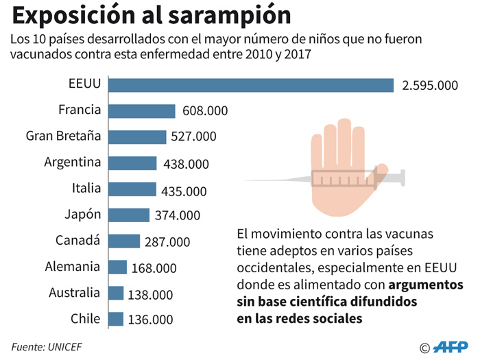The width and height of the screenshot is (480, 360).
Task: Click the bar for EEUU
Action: tap(252, 84)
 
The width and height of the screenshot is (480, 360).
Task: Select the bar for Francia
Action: tap(143, 111)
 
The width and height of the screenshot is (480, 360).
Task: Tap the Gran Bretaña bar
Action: tap(138, 136)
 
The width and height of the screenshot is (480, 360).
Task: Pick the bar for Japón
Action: tap(130, 215)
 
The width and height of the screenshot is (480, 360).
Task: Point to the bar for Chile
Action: tap(117, 319)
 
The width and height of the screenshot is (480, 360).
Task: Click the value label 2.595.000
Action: tap(430, 86)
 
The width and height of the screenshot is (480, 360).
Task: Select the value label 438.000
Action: tap(187, 165)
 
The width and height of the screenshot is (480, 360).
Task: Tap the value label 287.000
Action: tap(167, 242)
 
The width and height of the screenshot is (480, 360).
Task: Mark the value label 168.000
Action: tap(154, 268)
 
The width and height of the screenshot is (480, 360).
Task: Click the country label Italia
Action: tap(86, 189)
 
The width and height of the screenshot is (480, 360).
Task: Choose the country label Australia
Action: tap(75, 293)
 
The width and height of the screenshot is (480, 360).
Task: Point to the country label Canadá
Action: tap(77, 241)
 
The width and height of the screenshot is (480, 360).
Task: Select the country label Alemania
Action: tap(73, 267)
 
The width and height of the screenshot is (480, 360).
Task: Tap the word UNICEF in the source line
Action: tap(65, 346)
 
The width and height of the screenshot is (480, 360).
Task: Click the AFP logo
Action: tap(452, 346)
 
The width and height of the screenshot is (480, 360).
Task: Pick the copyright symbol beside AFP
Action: tap(425, 347)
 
